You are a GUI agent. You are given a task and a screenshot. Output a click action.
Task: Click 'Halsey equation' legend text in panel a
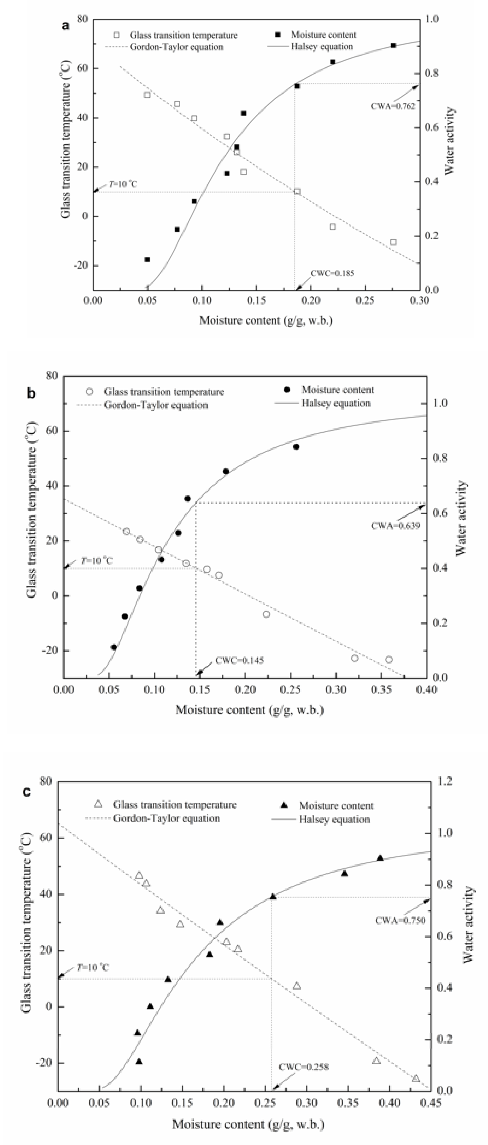point(322,47)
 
